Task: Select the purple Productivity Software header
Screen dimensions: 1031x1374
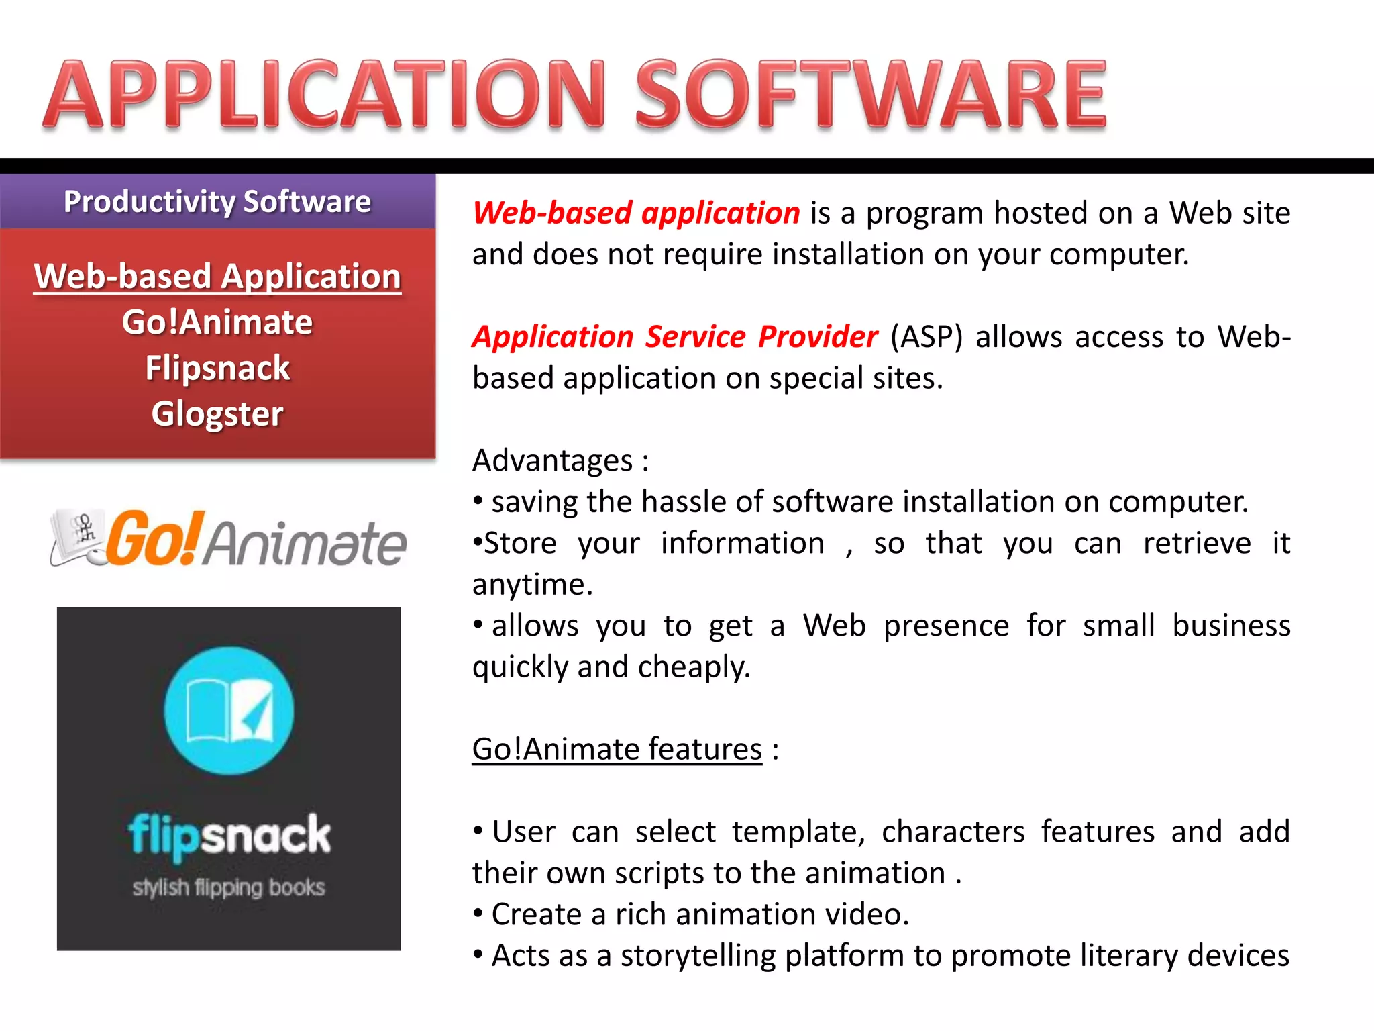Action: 217,201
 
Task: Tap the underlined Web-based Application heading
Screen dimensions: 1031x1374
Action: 217,277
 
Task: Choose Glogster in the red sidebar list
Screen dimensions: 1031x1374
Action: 217,413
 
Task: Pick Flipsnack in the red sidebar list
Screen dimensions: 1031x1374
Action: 217,368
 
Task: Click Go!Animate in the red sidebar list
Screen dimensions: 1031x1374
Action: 217,322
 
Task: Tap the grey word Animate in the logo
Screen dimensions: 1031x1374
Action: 305,544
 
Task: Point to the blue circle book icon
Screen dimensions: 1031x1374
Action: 229,711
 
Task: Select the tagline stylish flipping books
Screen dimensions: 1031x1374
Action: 229,887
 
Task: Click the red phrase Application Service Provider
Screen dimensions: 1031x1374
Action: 675,336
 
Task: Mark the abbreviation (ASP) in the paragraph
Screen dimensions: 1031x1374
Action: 926,336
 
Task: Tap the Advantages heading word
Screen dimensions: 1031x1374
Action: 553,460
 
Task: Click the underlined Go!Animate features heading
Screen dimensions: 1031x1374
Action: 617,749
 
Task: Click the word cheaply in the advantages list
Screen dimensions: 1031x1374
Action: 694,667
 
